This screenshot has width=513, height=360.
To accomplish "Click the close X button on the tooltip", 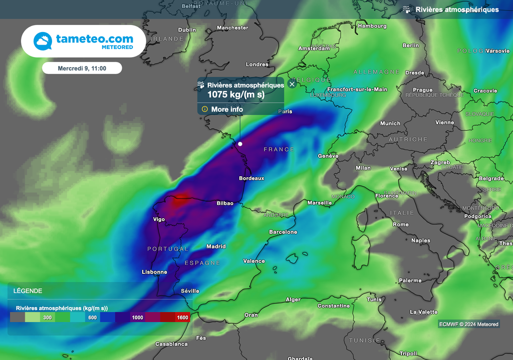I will click(x=292, y=84).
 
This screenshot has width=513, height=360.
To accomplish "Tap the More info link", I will click(x=227, y=109).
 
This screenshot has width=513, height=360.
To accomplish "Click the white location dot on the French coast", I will click(x=240, y=144).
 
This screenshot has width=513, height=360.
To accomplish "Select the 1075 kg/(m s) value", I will click(x=236, y=94).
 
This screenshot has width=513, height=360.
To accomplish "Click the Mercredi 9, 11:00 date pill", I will click(x=82, y=68).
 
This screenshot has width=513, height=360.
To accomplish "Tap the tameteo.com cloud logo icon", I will click(x=43, y=41).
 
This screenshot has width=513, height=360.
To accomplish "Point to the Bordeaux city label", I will click(x=251, y=178).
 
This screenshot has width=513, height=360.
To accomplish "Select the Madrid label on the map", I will click(x=216, y=246).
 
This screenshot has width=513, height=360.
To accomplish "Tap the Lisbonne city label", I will click(x=154, y=272).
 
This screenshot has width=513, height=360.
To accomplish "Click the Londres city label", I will click(x=257, y=65).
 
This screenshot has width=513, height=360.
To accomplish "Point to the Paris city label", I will click(x=285, y=111).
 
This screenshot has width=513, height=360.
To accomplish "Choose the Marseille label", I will click(x=319, y=203).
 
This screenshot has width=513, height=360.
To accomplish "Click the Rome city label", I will click(x=401, y=225).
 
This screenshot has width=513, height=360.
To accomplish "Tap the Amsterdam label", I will click(x=314, y=49).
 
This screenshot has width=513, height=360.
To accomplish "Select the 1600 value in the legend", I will click(x=182, y=317).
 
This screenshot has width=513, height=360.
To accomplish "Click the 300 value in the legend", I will click(x=48, y=317).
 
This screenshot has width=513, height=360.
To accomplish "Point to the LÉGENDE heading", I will click(x=28, y=291).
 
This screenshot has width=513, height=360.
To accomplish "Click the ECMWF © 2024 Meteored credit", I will click(x=468, y=324).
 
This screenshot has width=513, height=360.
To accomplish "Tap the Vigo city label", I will click(x=159, y=219).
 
